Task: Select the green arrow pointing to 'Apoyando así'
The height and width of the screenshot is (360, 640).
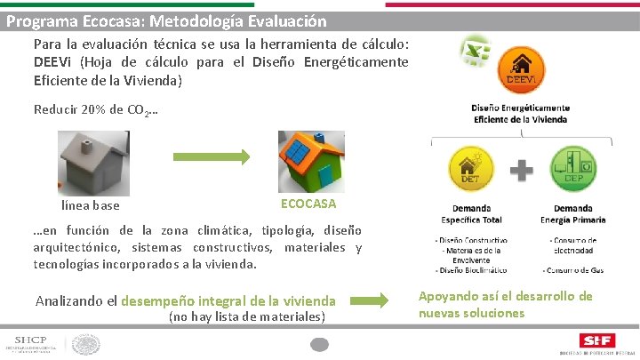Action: tap(377, 300)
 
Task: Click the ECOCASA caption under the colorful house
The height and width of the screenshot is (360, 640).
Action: tap(308, 204)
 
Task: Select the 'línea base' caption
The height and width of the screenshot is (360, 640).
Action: tap(90, 206)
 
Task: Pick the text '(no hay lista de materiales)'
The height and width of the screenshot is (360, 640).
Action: tap(246, 316)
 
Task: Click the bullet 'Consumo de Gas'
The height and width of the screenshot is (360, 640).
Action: tap(574, 268)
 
